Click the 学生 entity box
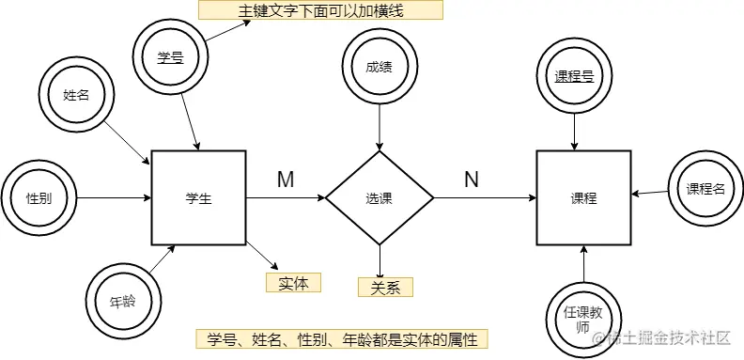coord(198,198)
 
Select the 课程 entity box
coord(583,198)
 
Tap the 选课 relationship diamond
coord(380,198)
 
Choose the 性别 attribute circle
coord(39,198)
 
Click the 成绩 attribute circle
coord(380,67)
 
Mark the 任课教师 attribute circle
coord(583,316)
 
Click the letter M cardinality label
coord(286,180)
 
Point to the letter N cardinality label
coord(472,180)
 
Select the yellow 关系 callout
coord(385,287)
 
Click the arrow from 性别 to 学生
coord(113,198)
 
